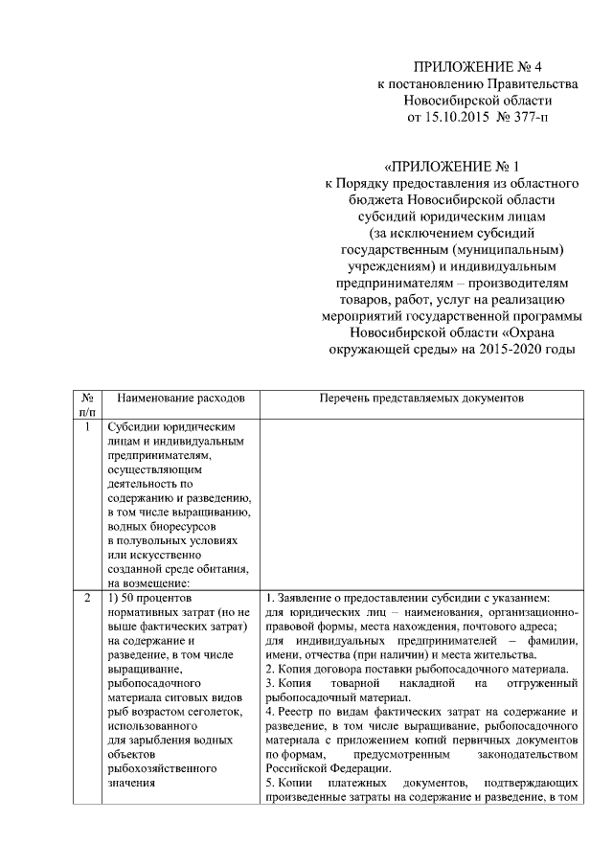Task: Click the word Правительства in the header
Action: pyautogui.click(x=531, y=83)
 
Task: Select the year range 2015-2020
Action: pyautogui.click(x=508, y=349)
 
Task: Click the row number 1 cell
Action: pyautogui.click(x=87, y=427)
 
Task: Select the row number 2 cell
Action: pyautogui.click(x=87, y=599)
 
